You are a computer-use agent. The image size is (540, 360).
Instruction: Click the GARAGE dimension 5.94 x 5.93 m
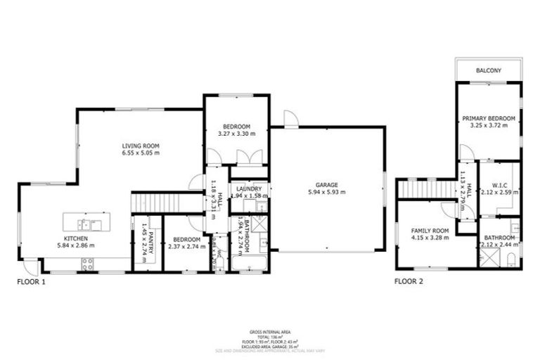[x=327, y=192]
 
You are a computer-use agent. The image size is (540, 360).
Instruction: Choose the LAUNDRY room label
[x=249, y=188]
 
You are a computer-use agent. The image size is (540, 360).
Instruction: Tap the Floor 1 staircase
[x=156, y=202]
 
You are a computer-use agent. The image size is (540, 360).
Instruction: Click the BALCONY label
[x=488, y=70]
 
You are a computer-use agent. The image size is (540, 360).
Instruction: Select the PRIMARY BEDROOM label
[x=488, y=118]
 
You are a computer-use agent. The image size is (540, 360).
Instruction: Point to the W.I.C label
[x=499, y=186]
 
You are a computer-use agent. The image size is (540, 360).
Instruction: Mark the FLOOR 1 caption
[x=32, y=281]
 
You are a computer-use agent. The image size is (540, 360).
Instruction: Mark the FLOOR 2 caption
[x=409, y=281]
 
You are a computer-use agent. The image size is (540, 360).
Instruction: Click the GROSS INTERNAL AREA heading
[x=270, y=331]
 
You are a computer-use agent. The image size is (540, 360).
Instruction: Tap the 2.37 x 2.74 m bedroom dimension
[x=181, y=246]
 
